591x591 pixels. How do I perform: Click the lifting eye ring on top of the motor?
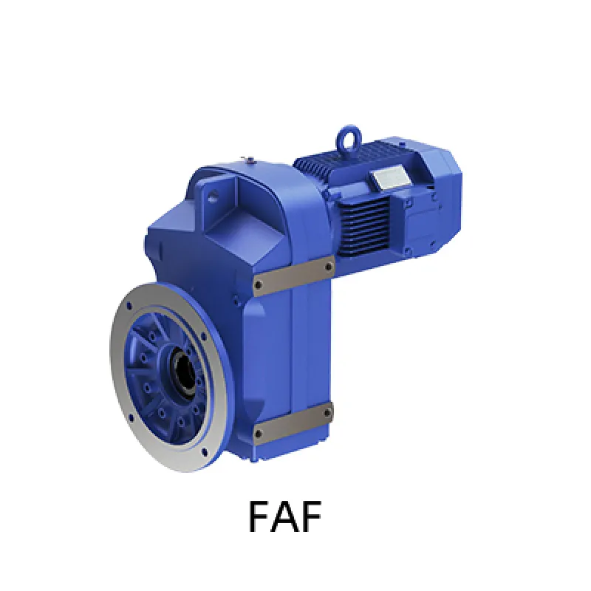click(x=350, y=131)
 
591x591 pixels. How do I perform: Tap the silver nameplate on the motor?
click(x=388, y=176)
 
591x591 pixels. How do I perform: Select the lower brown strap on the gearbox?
click(x=294, y=422)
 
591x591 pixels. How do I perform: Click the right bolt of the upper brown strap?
click(x=329, y=267)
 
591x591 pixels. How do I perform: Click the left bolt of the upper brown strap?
click(x=259, y=284)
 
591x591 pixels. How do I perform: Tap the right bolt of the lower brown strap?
click(x=328, y=413)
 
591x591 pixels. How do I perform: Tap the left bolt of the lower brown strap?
click(x=259, y=434)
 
